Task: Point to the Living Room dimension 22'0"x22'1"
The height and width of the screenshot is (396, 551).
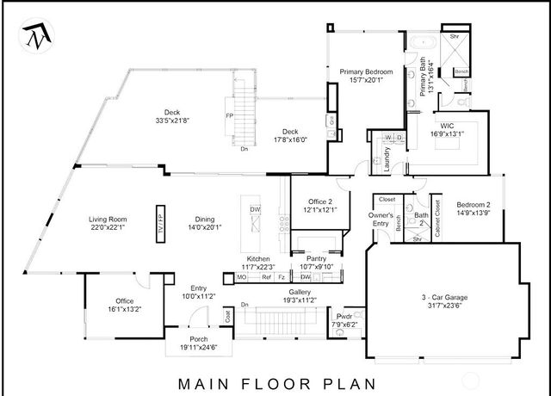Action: [x=108, y=228]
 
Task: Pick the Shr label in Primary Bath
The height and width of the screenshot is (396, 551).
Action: [x=455, y=37]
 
